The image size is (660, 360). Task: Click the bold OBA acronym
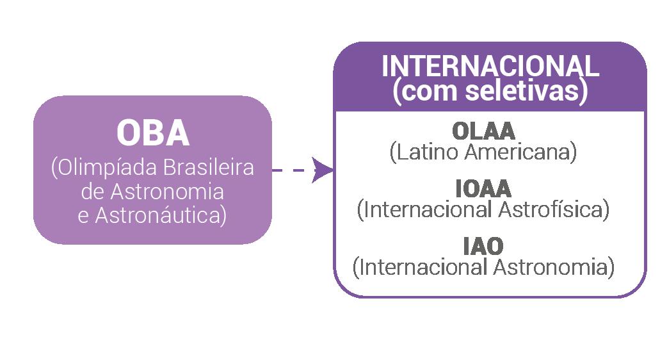click(152, 133)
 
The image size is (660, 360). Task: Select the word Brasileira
click(209, 168)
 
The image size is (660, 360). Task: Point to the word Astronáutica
click(160, 215)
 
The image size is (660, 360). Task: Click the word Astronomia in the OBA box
click(168, 192)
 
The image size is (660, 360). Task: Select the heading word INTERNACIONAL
click(490, 67)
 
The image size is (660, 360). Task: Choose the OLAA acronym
click(483, 131)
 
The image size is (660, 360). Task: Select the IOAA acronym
click(483, 188)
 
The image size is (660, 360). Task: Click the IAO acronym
click(483, 246)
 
